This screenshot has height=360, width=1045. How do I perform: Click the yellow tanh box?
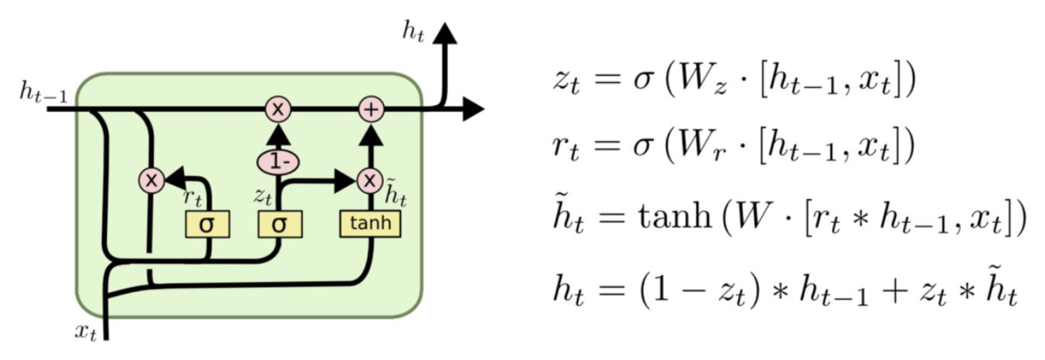tap(370, 224)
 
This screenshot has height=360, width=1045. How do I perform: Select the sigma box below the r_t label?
tap(207, 224)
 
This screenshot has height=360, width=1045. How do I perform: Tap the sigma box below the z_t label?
tap(280, 224)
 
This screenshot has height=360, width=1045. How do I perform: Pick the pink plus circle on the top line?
tap(371, 110)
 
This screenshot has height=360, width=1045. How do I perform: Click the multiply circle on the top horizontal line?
tap(278, 110)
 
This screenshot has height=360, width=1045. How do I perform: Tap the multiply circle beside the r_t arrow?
tap(151, 181)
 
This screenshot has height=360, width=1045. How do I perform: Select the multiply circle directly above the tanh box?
tap(370, 181)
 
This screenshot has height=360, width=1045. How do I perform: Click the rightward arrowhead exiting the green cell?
tap(473, 110)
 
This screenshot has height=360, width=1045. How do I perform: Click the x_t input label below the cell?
tap(85, 333)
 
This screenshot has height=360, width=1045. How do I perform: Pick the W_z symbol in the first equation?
tap(693, 82)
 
